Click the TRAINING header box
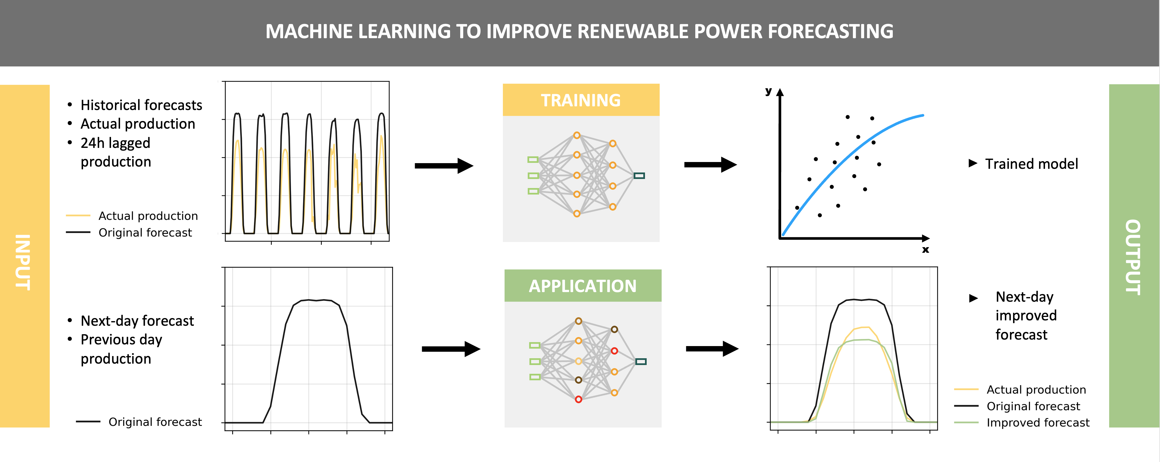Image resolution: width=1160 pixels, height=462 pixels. click(581, 100)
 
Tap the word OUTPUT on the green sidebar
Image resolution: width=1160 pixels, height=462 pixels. click(1133, 257)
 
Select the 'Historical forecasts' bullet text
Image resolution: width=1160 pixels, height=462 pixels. click(141, 105)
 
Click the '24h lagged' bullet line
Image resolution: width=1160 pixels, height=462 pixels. click(115, 143)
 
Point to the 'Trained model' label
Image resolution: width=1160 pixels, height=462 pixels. click(1031, 164)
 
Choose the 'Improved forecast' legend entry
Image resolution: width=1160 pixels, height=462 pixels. click(1037, 422)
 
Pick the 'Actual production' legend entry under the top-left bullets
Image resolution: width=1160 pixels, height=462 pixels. click(148, 216)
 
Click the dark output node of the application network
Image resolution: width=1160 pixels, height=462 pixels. click(640, 362)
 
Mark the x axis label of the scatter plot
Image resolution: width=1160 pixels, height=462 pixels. click(926, 249)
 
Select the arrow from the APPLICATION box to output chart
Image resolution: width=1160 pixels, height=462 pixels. click(711, 348)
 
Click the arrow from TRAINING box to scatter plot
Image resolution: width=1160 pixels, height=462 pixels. click(710, 165)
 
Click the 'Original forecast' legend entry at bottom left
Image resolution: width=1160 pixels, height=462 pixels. click(155, 422)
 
